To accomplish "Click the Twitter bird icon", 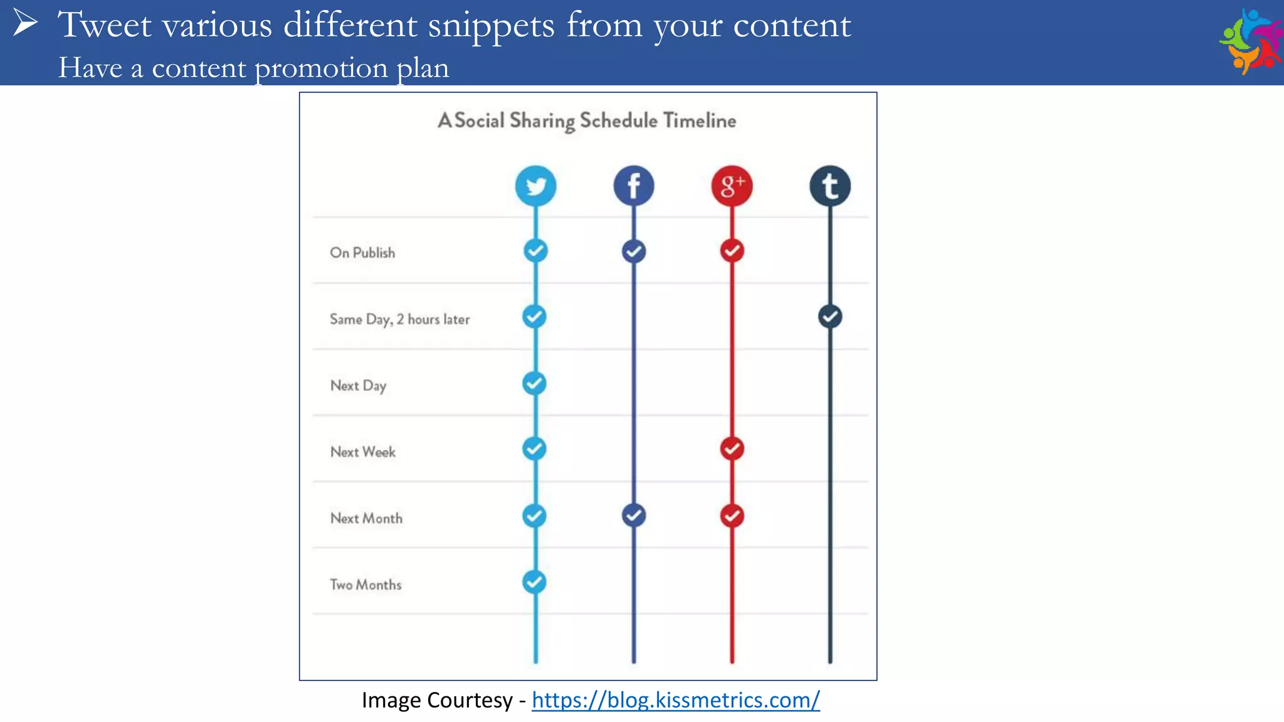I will [x=535, y=186].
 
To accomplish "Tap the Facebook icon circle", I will [x=634, y=186].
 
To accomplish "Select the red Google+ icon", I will [x=732, y=186].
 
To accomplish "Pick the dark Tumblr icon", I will [x=830, y=186].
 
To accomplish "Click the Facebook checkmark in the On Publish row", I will [x=634, y=251].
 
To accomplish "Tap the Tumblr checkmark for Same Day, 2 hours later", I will [x=830, y=317].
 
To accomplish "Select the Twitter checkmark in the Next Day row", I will [x=534, y=383].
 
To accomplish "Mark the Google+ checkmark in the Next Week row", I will [x=732, y=449].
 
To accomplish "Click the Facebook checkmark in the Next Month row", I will [x=634, y=515].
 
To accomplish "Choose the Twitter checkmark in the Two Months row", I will [x=534, y=582].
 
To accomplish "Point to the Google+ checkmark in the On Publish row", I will [x=732, y=251].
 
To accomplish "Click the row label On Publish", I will [x=362, y=253].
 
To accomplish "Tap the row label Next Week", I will [x=363, y=452].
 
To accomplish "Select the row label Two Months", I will [x=366, y=585].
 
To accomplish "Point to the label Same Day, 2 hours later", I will [x=399, y=319].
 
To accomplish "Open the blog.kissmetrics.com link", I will [x=675, y=700].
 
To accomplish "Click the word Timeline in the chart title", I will [x=700, y=120].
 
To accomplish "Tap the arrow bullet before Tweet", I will [x=25, y=23].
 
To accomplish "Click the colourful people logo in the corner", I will [x=1250, y=41].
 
